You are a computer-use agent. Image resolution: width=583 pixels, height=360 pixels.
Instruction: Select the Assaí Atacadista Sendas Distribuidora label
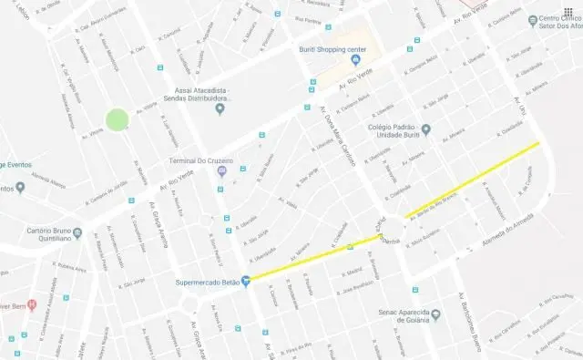click(x=219, y=93)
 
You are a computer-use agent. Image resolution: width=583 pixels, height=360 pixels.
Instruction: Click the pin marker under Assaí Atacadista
click(x=219, y=110)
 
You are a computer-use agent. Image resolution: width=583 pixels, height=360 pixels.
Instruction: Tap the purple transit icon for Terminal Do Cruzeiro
click(x=219, y=171)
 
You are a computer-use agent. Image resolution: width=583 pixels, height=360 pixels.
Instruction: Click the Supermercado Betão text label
click(x=206, y=281)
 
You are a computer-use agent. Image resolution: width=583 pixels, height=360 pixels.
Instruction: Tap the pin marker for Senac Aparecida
click(x=436, y=314)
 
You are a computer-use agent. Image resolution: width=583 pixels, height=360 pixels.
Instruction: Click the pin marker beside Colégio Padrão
click(x=424, y=129)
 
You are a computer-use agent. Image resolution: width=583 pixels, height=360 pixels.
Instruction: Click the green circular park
click(x=116, y=119)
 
